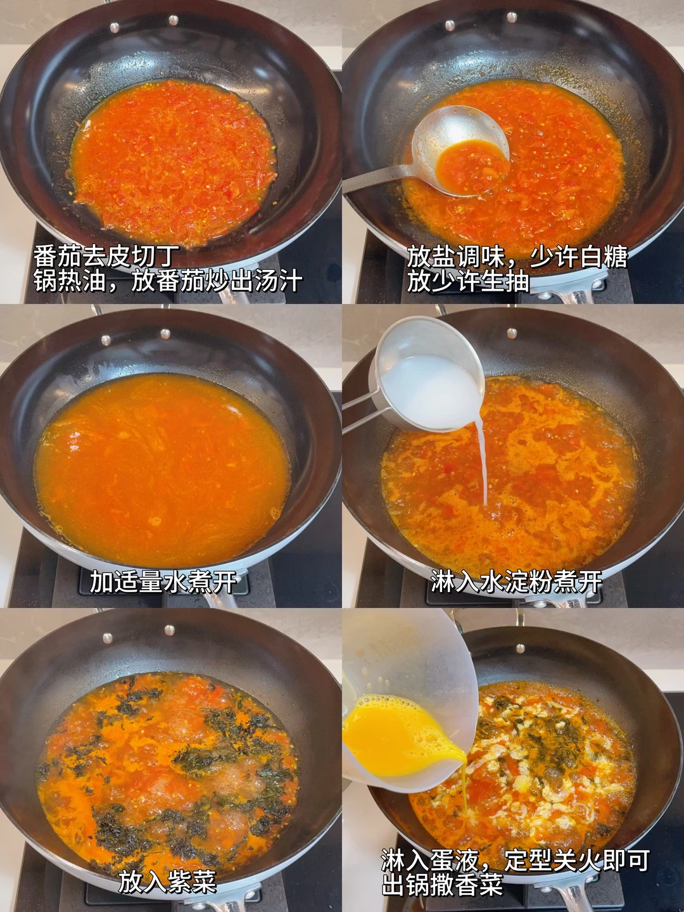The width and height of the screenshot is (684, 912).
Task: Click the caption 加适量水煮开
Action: pos(163,581)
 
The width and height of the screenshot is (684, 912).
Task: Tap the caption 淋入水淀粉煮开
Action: pos(516,581)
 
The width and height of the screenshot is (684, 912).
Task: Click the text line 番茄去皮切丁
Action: pos(106,257)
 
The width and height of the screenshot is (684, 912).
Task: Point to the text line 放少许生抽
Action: pos(467,282)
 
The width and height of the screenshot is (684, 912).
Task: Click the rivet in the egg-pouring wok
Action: pos(520,649)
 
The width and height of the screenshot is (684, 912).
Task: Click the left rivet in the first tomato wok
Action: pos(114,27)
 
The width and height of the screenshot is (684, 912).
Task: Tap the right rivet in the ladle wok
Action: pos(512,18)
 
